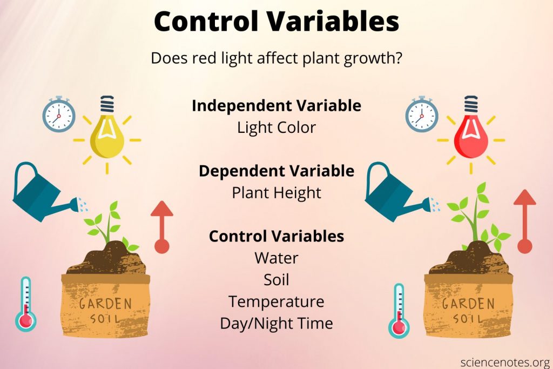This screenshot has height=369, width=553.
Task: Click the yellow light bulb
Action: pos(107,132)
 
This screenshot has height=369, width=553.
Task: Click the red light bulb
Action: pos(470,132)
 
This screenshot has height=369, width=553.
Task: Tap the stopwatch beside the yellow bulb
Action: pos(59,115)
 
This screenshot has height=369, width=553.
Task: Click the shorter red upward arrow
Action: pos(162,227)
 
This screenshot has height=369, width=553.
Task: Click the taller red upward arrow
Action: pos(524,222)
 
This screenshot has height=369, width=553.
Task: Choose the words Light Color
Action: pos(276,128)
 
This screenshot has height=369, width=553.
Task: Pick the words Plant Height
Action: pos(276,193)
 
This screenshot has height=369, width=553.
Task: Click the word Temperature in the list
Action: pos(276,301)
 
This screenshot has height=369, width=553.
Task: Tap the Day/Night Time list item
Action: pos(276,323)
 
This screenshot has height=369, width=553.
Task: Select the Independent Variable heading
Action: pos(276,106)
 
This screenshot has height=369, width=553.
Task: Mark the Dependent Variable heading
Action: pos(276,171)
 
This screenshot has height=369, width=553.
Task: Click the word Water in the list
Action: pos(276,258)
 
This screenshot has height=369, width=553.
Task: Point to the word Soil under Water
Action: pos(276,280)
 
